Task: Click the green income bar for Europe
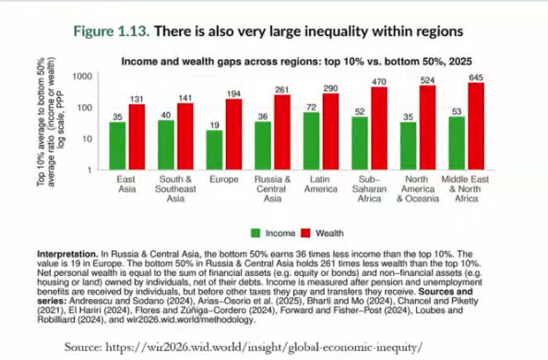(214, 150)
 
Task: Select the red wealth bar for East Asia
(137, 138)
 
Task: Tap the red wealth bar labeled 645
(476, 126)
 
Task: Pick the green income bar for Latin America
(312, 141)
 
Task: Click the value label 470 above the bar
(379, 82)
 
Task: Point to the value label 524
(427, 80)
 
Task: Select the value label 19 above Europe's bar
(215, 126)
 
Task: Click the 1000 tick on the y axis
(82, 77)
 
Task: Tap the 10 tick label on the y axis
(87, 138)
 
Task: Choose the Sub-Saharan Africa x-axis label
(369, 189)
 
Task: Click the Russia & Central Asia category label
(272, 189)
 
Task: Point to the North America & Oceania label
(418, 189)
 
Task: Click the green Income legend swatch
(256, 233)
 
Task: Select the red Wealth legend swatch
(305, 233)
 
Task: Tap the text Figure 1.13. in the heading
(112, 31)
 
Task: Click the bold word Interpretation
(67, 254)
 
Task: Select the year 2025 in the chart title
(460, 62)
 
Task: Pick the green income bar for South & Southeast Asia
(166, 145)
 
